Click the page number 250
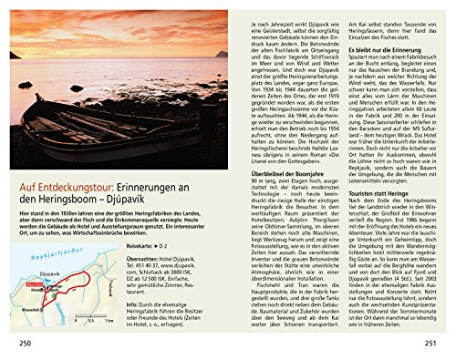[x=16, y=345]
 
